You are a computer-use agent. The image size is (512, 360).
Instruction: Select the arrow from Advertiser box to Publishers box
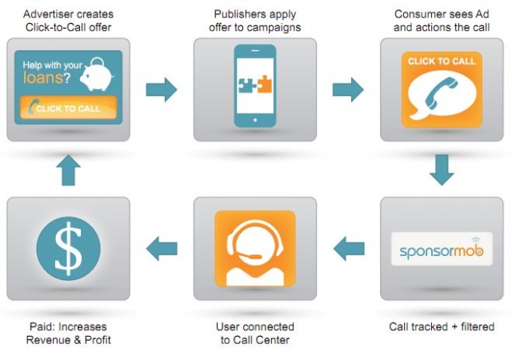(x=161, y=90)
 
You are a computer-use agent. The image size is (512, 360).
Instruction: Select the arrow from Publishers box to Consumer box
(x=347, y=90)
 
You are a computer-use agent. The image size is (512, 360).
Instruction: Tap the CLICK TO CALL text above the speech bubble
(x=440, y=61)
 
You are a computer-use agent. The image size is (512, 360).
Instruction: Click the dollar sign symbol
(x=68, y=248)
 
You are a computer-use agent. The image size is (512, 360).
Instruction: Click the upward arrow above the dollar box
(x=68, y=170)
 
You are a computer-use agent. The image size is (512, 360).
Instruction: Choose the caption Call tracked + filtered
(x=442, y=327)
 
